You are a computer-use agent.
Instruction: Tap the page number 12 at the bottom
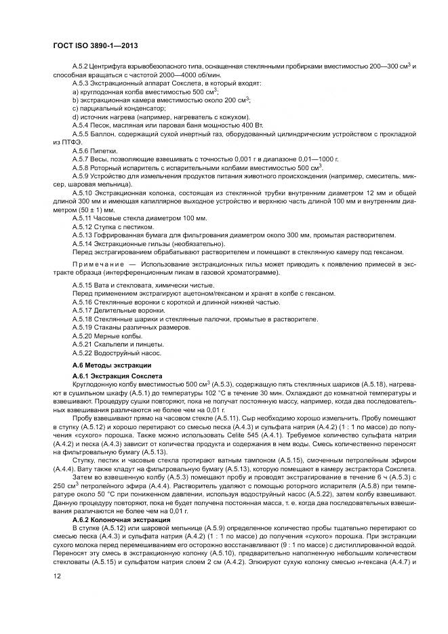56,577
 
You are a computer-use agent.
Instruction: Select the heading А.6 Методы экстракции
104,365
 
